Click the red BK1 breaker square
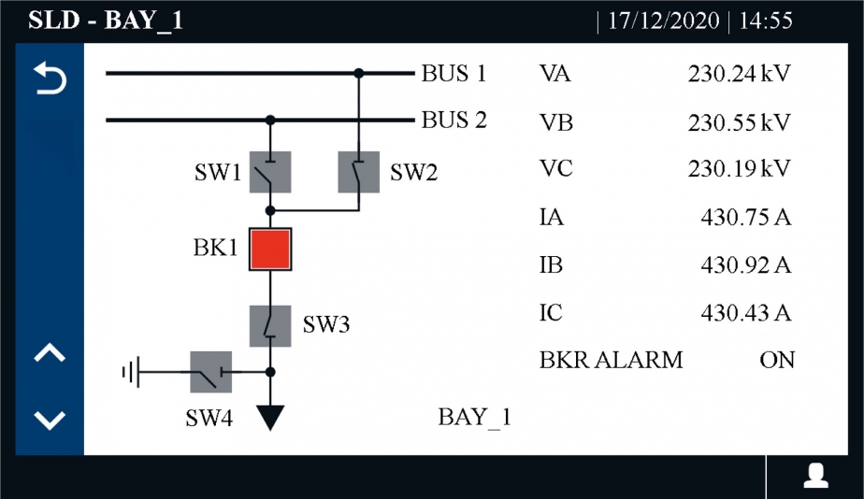pos(271,249)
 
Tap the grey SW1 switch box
pos(271,172)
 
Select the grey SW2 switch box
pos(358,172)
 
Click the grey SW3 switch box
pos(271,325)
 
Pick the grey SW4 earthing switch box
pos(211,372)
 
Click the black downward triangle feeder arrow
pos(270,417)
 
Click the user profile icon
pos(816,476)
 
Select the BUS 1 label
pos(454,74)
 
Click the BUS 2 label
pos(454,121)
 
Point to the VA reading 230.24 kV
pos(739,74)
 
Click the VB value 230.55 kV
pos(739,122)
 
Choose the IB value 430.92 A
pos(746,265)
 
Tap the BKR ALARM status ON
pos(776,360)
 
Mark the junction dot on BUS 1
pos(358,72)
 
